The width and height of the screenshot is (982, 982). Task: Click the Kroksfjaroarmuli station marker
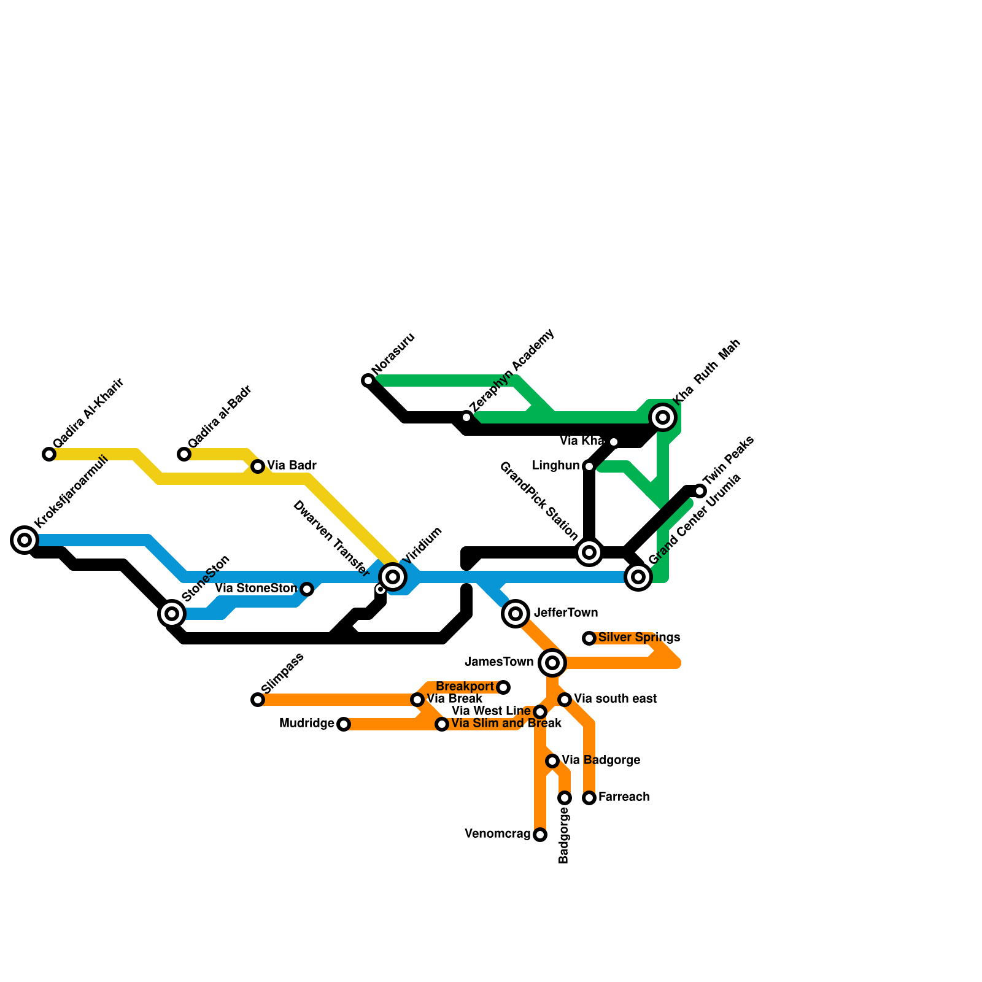[x=25, y=540]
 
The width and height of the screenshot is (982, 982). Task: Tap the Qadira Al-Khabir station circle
[x=49, y=454]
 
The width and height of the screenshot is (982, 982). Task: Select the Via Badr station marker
[x=258, y=466]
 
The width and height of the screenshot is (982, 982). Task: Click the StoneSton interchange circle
[x=172, y=613]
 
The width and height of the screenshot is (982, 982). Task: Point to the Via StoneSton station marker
[x=307, y=589]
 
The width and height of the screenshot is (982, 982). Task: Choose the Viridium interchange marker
[x=393, y=576]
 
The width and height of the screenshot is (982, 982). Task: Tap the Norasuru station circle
[x=368, y=381]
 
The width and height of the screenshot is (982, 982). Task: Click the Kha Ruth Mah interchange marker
[x=663, y=417]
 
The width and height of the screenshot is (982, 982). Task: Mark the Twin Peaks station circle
[x=700, y=491]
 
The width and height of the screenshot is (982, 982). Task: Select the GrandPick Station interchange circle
[x=589, y=552]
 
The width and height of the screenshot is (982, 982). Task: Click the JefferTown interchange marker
[x=516, y=613]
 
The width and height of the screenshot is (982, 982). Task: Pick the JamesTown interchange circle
[x=552, y=662]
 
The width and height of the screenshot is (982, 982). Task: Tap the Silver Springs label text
[x=639, y=637]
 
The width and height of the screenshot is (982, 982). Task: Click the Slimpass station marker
[x=258, y=700]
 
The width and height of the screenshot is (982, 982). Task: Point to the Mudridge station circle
[x=344, y=724]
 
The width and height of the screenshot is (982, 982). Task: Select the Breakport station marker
[x=503, y=687]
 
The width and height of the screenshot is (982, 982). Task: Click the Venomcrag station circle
[x=540, y=835]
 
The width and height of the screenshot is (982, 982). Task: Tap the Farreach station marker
[x=589, y=798]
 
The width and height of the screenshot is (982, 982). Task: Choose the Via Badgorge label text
[x=601, y=760]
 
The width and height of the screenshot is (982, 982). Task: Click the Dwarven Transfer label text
[x=331, y=539]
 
